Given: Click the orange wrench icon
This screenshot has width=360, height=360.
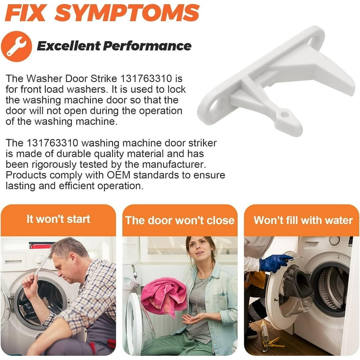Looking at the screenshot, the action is tap(16, 46).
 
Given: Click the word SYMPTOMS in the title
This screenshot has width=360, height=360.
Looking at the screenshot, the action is tap(127, 13).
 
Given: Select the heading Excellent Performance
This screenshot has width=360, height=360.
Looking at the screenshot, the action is tap(114, 46).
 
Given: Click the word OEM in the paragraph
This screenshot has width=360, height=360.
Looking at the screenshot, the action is tap(119, 175).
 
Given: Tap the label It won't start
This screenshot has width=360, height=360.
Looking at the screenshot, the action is tap(58, 219).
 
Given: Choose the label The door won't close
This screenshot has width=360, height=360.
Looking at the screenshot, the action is tap(180, 220).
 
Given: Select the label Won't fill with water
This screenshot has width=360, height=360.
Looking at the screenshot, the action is tap(303, 220).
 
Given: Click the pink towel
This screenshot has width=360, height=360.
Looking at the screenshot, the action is tap(164, 296).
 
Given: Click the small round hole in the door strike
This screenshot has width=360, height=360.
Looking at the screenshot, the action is tap(285, 114).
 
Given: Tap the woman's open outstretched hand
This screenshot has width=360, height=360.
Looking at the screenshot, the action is tap(192, 319).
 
